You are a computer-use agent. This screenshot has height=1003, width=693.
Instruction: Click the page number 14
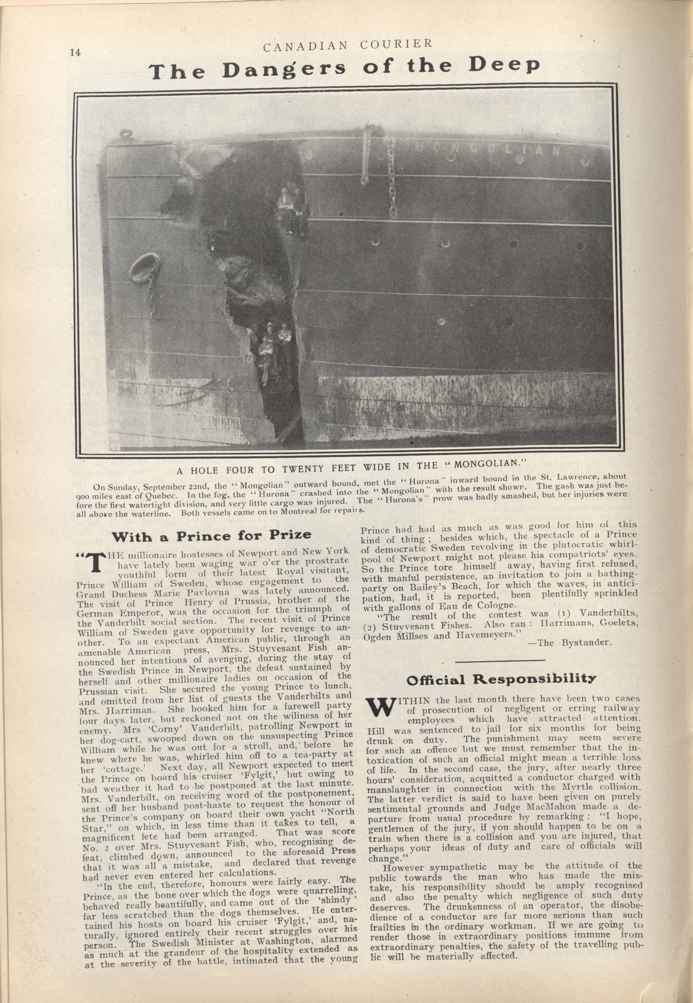[x=75, y=53]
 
